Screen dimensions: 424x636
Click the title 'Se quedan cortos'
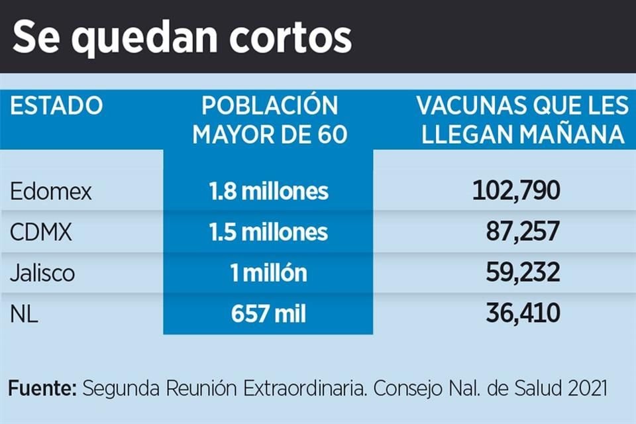(x=182, y=38)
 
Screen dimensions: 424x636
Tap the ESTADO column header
(x=57, y=106)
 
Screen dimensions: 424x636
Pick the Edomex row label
(x=51, y=191)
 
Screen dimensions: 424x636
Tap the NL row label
(x=24, y=313)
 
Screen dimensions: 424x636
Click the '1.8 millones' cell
(x=268, y=191)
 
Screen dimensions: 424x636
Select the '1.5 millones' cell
(x=268, y=232)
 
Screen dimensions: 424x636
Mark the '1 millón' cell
(x=268, y=272)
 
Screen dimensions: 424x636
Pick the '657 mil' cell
(x=268, y=313)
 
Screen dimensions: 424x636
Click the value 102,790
(x=517, y=191)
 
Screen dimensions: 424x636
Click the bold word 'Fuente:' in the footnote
(x=42, y=388)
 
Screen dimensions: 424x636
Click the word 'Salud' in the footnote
(x=534, y=388)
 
